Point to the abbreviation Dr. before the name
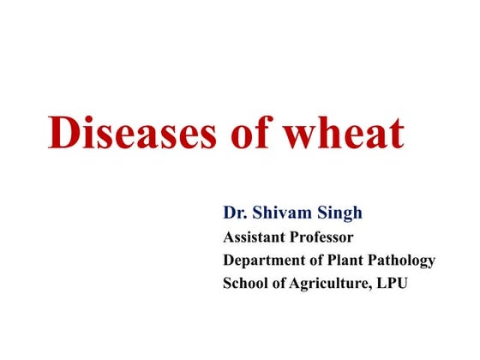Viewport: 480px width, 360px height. [234, 212]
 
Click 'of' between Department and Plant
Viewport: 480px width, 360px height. [316, 260]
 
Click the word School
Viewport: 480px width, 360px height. [244, 284]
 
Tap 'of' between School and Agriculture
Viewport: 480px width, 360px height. [280, 284]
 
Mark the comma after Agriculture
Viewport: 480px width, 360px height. [374, 289]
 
